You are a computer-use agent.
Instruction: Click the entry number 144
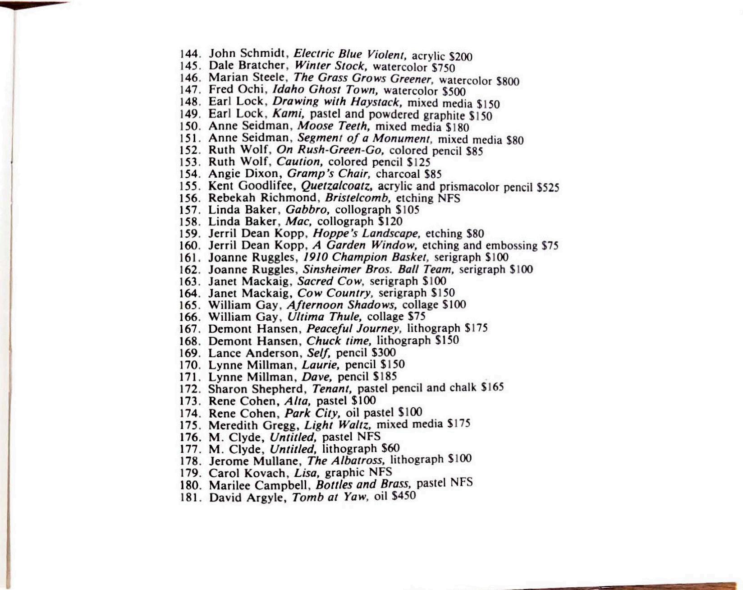pyautogui.click(x=190, y=53)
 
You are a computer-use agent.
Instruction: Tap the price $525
pyautogui.click(x=548, y=187)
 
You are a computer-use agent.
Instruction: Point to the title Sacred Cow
pyautogui.click(x=330, y=281)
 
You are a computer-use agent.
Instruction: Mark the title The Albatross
pyautogui.click(x=345, y=461)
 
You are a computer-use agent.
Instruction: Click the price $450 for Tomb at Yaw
pyautogui.click(x=404, y=496)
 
